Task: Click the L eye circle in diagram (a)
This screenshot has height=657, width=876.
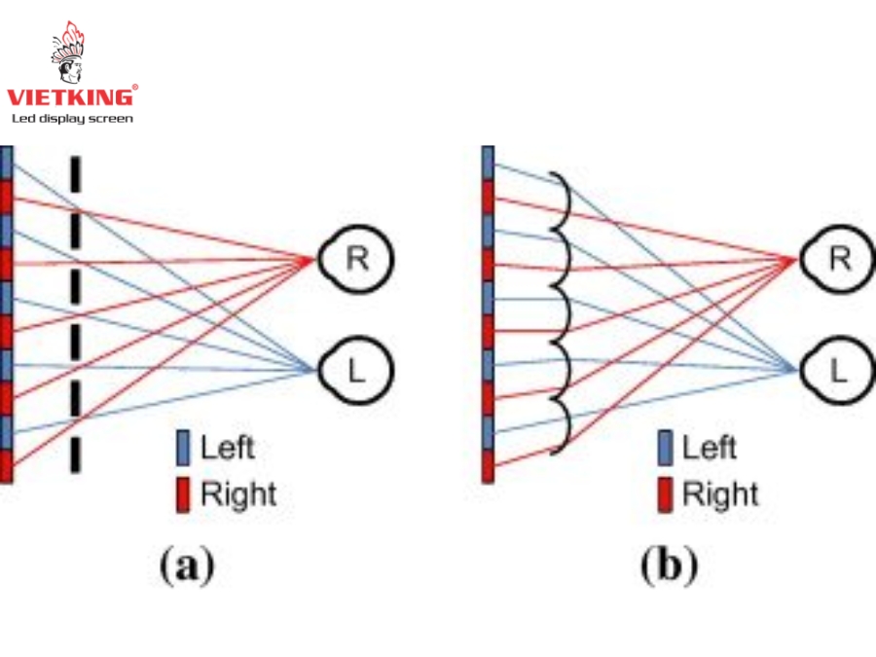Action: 356,370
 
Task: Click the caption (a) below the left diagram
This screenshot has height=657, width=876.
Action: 185,565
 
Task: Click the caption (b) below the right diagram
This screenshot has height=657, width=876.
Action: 669,565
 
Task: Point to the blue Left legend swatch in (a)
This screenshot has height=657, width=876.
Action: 183,449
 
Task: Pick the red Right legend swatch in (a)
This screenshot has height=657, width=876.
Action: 183,494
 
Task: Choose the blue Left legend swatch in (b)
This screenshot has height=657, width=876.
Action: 666,449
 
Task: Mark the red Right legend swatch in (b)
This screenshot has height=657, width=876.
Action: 666,494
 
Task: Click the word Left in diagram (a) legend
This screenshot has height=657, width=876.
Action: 227,449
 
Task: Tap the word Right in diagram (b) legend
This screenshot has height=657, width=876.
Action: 720,494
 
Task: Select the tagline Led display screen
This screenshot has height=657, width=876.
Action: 72,119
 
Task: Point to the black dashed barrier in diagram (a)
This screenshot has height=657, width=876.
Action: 75,311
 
